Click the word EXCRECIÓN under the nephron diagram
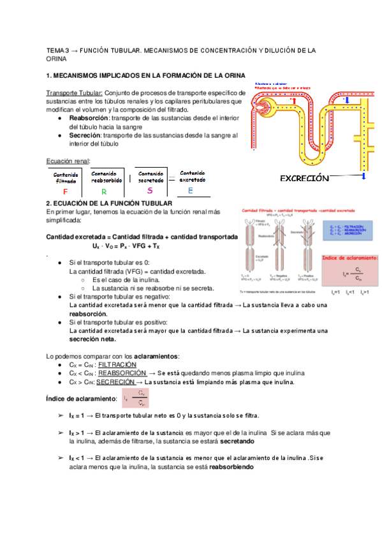pos(304,178)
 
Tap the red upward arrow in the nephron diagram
pos(294,101)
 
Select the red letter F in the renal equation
pos(65,191)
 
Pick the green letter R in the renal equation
pos(103,191)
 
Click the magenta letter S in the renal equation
pos(150,190)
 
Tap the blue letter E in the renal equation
pos(190,191)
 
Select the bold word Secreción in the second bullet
pos(85,135)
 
